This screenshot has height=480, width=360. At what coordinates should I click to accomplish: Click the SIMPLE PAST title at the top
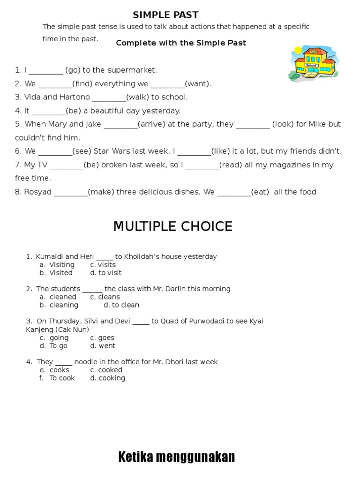pos(165,15)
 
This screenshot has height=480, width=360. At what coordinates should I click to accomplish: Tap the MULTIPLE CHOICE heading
pos(172,226)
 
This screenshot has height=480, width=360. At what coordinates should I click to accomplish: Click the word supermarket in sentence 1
pos(132,70)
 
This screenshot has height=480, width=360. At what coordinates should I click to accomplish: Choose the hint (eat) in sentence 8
pos(260,192)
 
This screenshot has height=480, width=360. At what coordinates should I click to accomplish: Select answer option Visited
pos(61,273)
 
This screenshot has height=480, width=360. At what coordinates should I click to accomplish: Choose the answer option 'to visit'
pos(110,273)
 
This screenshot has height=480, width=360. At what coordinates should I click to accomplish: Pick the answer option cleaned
pos(63,297)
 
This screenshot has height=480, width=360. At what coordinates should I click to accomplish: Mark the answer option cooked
pos(110,370)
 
